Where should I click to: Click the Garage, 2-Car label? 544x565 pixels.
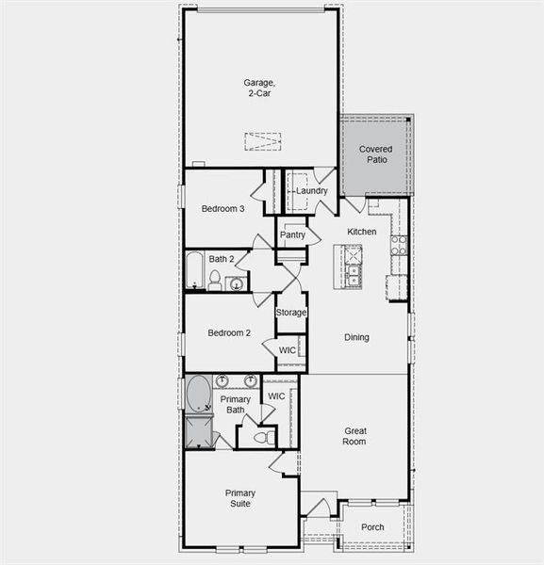coord(259,88)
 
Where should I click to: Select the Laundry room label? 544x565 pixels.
coord(311,191)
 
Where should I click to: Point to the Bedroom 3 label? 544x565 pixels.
coord(223,209)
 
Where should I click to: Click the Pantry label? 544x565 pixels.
coord(292,235)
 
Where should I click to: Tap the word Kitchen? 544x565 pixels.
coord(361,232)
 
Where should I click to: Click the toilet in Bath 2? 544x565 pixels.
coord(215,280)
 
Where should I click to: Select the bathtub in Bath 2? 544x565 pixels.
coord(194,270)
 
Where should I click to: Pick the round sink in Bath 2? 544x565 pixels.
coord(235,283)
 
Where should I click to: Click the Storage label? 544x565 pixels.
coord(291,313)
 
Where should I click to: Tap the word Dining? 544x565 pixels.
coord(356,337)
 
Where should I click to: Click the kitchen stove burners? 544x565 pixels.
coord(399,246)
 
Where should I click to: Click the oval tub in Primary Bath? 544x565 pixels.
coord(199,395)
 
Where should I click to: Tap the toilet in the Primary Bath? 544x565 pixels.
coord(262,438)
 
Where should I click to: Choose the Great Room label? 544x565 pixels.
coord(354,436)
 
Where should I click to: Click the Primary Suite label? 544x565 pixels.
coord(239,498)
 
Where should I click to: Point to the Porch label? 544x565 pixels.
coord(372,527)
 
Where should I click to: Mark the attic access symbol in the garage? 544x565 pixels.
coord(263,141)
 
